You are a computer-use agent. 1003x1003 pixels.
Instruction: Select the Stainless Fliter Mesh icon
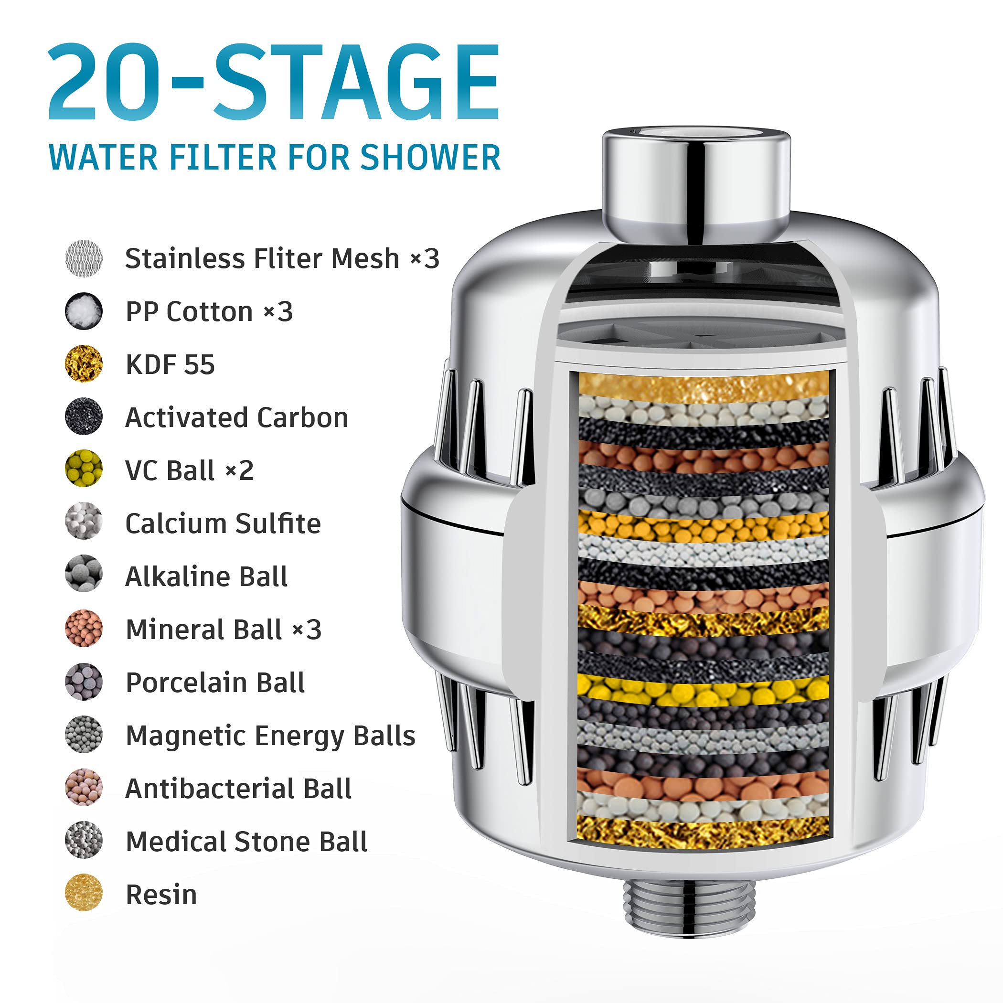(x=84, y=258)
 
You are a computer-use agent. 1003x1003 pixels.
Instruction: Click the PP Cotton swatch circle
(x=84, y=311)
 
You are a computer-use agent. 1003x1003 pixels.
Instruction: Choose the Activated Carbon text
(x=236, y=417)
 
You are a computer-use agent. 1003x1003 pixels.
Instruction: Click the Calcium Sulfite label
(x=223, y=523)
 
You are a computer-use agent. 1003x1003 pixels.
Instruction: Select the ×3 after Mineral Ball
(x=307, y=629)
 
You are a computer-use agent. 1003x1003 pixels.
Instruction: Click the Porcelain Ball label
(x=215, y=682)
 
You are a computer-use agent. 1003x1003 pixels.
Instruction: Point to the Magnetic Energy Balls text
(x=270, y=736)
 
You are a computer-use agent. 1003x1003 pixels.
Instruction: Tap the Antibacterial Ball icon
(x=84, y=788)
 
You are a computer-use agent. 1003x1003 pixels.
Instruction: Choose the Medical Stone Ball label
(x=246, y=842)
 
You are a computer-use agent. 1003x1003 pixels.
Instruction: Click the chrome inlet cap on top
(x=696, y=181)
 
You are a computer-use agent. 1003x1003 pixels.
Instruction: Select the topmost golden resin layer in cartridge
(x=704, y=386)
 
